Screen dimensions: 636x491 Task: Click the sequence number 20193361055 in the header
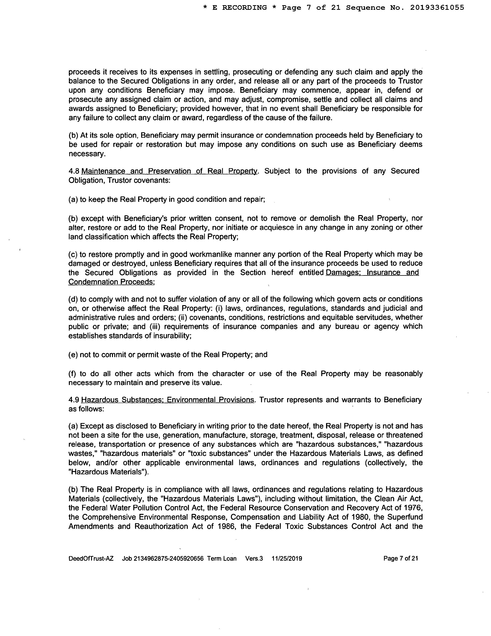point(437,8)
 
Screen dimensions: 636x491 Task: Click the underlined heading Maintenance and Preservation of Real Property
point(169,171)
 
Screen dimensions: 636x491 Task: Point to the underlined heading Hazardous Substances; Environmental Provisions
point(168,400)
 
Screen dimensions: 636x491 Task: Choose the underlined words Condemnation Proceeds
point(111,282)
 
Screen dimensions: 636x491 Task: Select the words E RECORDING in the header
point(239,8)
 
